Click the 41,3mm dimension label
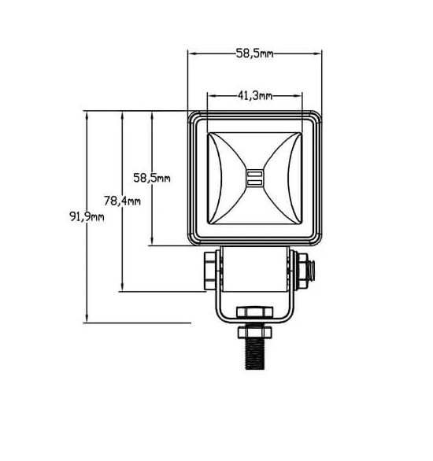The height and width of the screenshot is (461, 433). pos(255,95)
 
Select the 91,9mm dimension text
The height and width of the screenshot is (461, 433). pos(87,217)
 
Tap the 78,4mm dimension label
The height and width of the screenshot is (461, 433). pos(122,201)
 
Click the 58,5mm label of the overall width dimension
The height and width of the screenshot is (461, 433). pos(255,53)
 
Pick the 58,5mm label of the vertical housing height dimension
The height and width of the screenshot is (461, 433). pos(152,178)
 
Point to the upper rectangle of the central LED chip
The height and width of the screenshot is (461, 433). pos(255,174)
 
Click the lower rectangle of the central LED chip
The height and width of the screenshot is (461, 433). pos(255,183)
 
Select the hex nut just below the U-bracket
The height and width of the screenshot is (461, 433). pos(255,332)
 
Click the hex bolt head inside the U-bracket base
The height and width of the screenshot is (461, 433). pos(255,312)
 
